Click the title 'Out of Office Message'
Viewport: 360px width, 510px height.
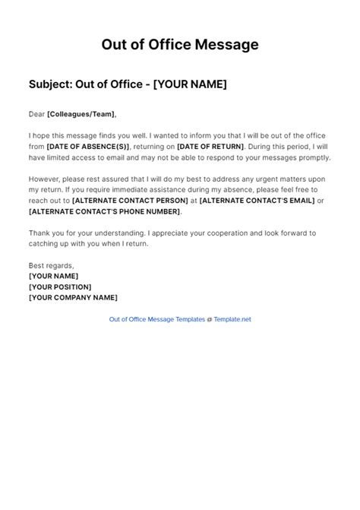point(180,45)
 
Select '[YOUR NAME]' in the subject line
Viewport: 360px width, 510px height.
point(190,84)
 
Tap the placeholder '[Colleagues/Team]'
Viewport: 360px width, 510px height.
point(81,114)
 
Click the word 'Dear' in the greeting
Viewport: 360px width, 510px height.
point(36,114)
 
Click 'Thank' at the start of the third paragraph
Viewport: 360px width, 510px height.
point(40,233)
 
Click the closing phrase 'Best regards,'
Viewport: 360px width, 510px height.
point(51,265)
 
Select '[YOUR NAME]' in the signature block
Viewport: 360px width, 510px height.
point(53,276)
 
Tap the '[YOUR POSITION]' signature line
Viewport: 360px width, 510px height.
point(60,287)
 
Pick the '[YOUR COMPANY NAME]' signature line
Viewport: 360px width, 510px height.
point(73,297)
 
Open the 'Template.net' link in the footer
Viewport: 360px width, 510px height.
point(232,319)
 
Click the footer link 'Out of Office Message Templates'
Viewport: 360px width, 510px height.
point(156,319)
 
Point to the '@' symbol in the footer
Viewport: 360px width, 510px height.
point(210,319)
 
